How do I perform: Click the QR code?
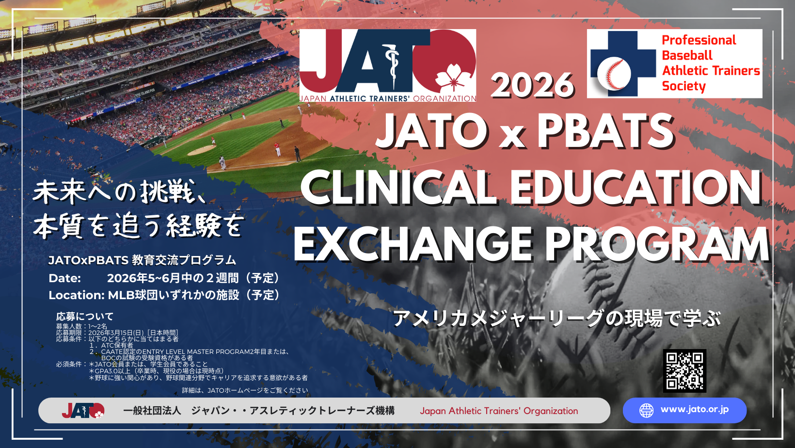684,370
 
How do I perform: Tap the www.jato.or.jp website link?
694,410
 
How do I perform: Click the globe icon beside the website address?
646,410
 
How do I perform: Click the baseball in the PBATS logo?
614,74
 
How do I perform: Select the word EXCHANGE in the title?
412,244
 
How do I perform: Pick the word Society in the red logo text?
684,86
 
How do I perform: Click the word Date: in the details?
64,278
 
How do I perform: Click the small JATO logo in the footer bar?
83,410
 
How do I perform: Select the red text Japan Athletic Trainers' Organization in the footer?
499,411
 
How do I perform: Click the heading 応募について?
85,316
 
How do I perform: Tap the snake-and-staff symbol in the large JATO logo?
393,65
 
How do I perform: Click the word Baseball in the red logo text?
687,55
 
